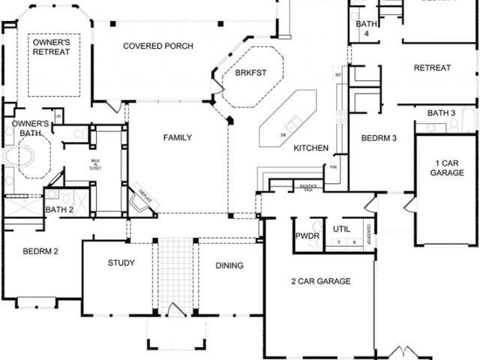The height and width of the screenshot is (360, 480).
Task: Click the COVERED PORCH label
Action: pyautogui.click(x=158, y=46)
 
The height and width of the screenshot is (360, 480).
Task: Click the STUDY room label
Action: pyautogui.click(x=121, y=262)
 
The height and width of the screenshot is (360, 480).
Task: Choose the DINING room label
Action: pyautogui.click(x=229, y=265)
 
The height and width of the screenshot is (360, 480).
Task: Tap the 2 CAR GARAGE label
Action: pyautogui.click(x=321, y=282)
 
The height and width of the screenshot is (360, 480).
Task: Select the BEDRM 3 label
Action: pyautogui.click(x=378, y=139)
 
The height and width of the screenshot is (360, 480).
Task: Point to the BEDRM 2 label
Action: pyautogui.click(x=40, y=251)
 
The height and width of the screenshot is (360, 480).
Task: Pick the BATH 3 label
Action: pyautogui.click(x=442, y=113)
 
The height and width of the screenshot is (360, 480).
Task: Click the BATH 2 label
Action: pyautogui.click(x=59, y=209)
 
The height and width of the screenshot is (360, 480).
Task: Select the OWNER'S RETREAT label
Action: pyautogui.click(x=52, y=47)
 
